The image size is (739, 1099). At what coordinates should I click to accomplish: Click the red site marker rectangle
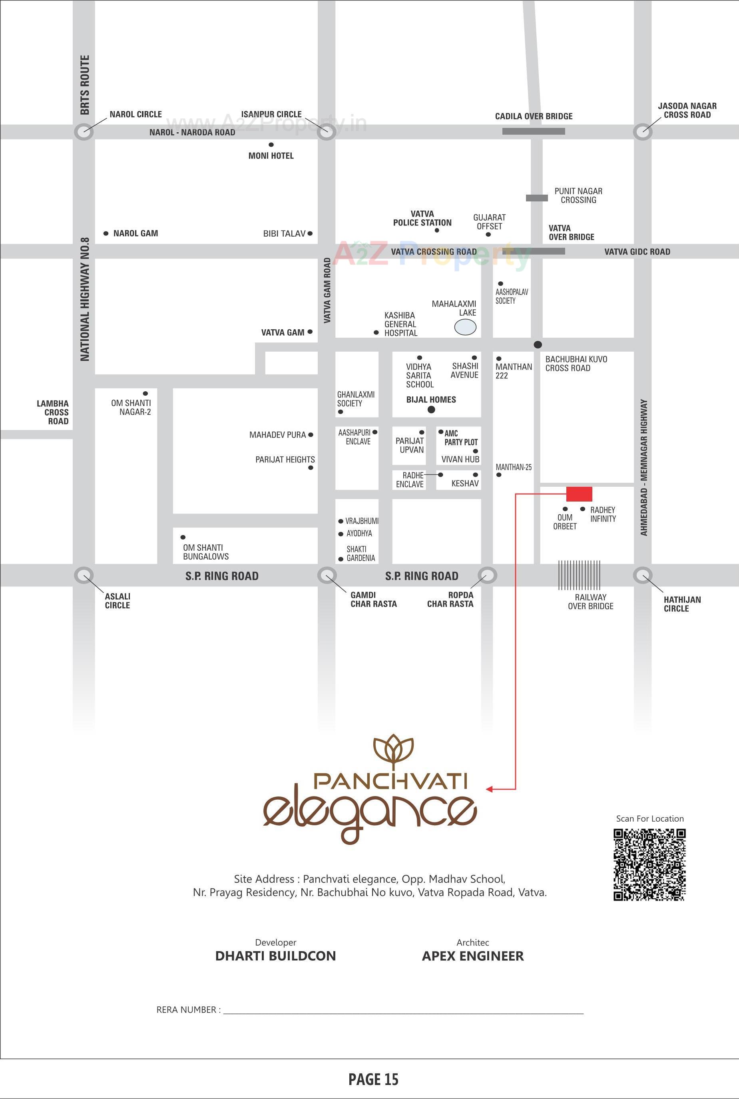579,494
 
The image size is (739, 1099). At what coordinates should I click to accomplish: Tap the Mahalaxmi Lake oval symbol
465,327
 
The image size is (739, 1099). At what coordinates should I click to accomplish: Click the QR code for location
649,865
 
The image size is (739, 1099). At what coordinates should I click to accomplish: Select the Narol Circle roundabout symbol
84,131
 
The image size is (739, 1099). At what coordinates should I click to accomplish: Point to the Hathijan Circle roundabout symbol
642,575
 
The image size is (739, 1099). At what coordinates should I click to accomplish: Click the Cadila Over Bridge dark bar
534,131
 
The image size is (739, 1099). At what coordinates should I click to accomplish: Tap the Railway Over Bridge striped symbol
579,575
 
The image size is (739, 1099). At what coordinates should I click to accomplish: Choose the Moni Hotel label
271,155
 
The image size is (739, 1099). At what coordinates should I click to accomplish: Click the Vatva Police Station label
422,218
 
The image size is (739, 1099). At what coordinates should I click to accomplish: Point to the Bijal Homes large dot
431,410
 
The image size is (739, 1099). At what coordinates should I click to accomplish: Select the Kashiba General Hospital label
400,324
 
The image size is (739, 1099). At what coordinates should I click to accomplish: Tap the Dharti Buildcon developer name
275,956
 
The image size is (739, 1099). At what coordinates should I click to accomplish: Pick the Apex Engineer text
473,956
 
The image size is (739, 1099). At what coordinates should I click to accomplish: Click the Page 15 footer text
373,1079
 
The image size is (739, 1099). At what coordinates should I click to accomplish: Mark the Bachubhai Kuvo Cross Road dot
538,344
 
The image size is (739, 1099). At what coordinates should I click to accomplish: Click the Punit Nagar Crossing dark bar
537,198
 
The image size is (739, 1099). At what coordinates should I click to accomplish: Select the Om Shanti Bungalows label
206,552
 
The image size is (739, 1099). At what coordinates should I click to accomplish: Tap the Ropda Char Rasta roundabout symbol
487,575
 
